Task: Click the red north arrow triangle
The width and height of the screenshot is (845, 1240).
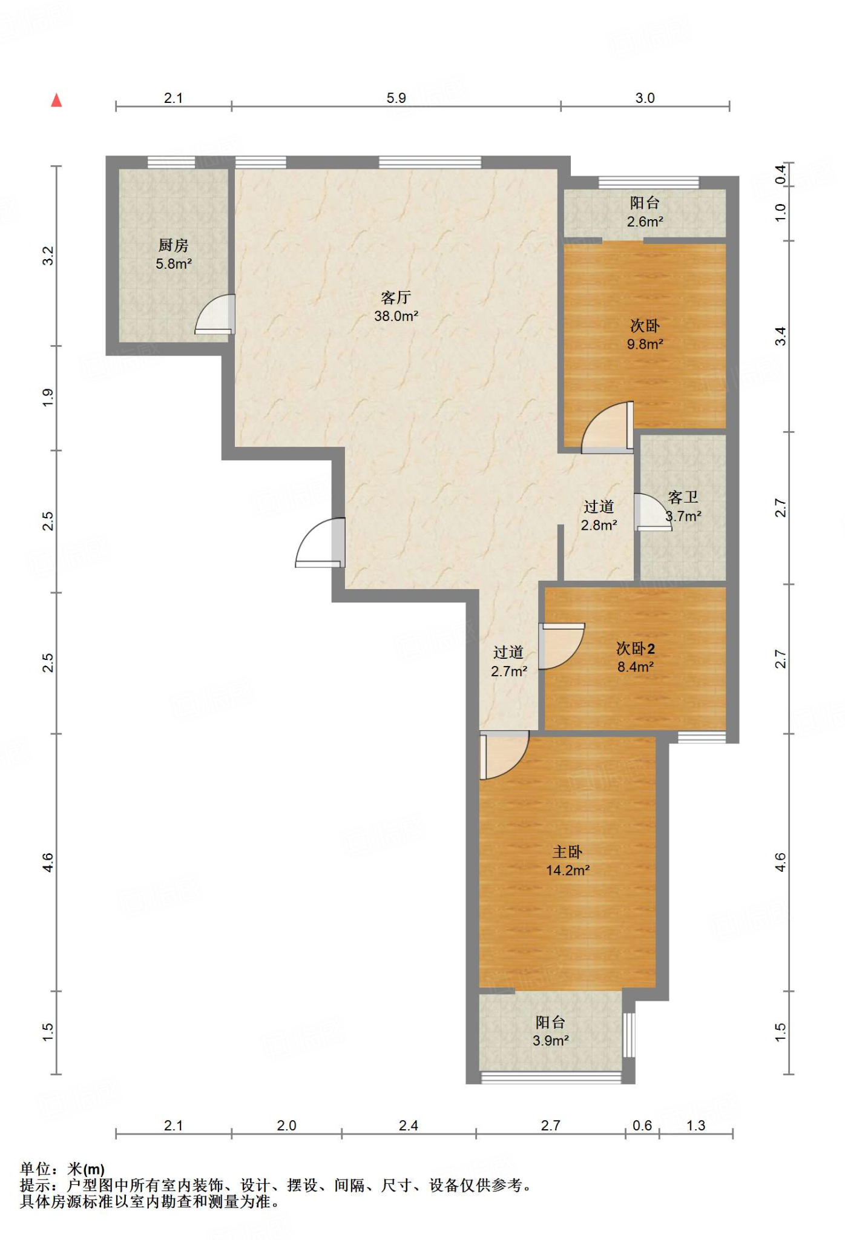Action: [x=56, y=100]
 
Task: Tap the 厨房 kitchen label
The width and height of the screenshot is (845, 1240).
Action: [x=174, y=245]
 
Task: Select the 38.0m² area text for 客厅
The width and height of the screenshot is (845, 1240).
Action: [x=396, y=316]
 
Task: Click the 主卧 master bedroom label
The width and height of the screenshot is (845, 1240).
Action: [x=567, y=852]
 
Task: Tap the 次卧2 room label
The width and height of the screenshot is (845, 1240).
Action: [x=635, y=648]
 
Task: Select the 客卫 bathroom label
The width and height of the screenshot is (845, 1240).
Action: [x=683, y=498]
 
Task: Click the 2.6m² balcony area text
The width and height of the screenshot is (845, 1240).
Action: [x=645, y=222]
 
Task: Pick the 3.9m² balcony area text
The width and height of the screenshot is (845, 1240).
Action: [x=550, y=1041]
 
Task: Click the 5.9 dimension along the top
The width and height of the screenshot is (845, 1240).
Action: [x=396, y=98]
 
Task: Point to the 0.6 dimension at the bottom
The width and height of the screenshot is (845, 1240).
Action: [x=642, y=1126]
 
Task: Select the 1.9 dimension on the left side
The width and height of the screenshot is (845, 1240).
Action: [x=48, y=397]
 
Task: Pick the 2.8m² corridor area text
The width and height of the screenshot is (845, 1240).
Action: [x=599, y=526]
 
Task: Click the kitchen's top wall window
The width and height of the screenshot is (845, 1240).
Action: [x=171, y=162]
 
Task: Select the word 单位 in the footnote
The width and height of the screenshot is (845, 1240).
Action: [x=35, y=1169]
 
